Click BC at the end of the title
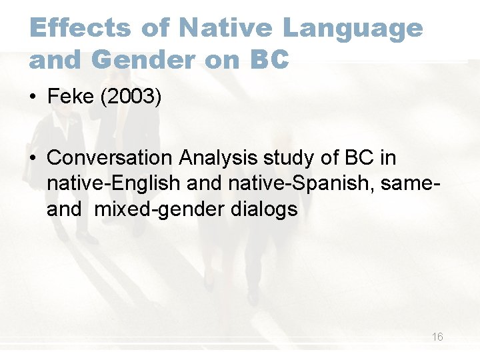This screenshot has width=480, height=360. (x=269, y=59)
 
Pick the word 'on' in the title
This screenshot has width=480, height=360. (x=219, y=59)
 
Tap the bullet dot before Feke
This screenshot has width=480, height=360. (x=33, y=97)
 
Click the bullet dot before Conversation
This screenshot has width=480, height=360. (x=33, y=158)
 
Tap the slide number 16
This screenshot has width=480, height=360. (x=437, y=337)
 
